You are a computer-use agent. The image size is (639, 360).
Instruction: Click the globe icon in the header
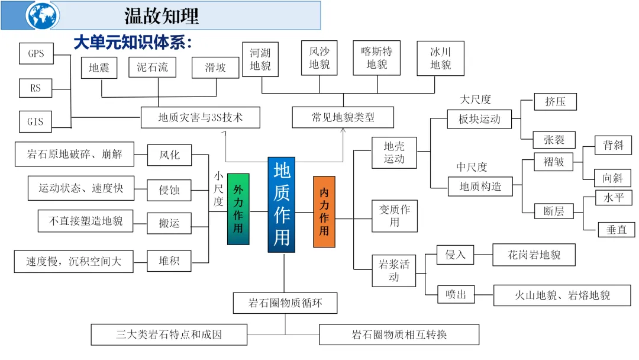click(43, 15)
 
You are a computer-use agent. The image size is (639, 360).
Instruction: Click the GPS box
click(36, 54)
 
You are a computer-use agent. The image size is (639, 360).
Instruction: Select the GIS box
click(35, 122)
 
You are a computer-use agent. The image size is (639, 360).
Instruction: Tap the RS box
click(35, 88)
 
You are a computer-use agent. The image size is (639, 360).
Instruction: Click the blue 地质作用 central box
click(281, 204)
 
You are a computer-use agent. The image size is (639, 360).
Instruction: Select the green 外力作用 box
click(238, 209)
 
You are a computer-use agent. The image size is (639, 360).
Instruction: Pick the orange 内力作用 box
click(324, 211)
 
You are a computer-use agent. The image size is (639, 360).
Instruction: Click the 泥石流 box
click(152, 67)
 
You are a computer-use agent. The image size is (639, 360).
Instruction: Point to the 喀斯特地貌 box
click(376, 58)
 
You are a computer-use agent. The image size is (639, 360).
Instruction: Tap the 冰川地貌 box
click(440, 58)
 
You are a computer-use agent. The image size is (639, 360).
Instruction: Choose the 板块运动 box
click(479, 119)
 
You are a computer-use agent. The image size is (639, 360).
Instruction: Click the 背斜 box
click(613, 145)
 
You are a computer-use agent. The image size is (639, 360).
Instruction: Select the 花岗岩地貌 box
click(534, 255)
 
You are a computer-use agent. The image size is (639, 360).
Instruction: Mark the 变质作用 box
click(394, 216)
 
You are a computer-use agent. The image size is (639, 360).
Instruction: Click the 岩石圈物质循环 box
click(285, 303)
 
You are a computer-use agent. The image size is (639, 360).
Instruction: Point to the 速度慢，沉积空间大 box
click(73, 261)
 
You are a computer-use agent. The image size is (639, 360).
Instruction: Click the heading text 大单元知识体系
click(133, 43)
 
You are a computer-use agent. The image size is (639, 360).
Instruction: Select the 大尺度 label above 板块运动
click(475, 99)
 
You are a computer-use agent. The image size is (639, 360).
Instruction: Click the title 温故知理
click(161, 15)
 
